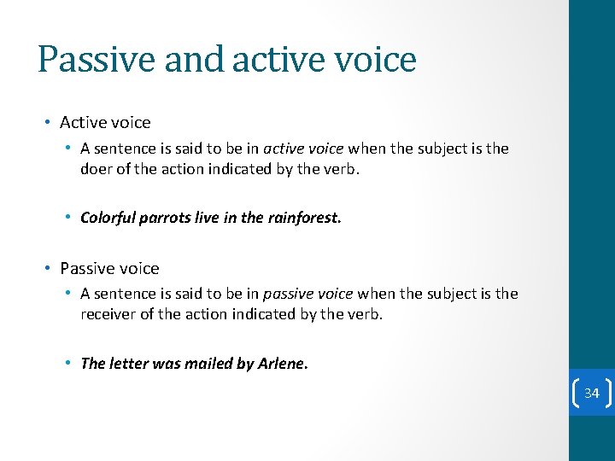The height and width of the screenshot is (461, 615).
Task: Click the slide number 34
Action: (x=591, y=394)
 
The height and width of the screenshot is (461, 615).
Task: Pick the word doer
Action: (x=97, y=169)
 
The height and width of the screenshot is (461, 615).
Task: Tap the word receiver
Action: (x=109, y=314)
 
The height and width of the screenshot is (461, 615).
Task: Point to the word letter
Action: (x=129, y=364)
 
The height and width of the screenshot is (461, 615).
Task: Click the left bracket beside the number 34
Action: (x=574, y=394)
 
